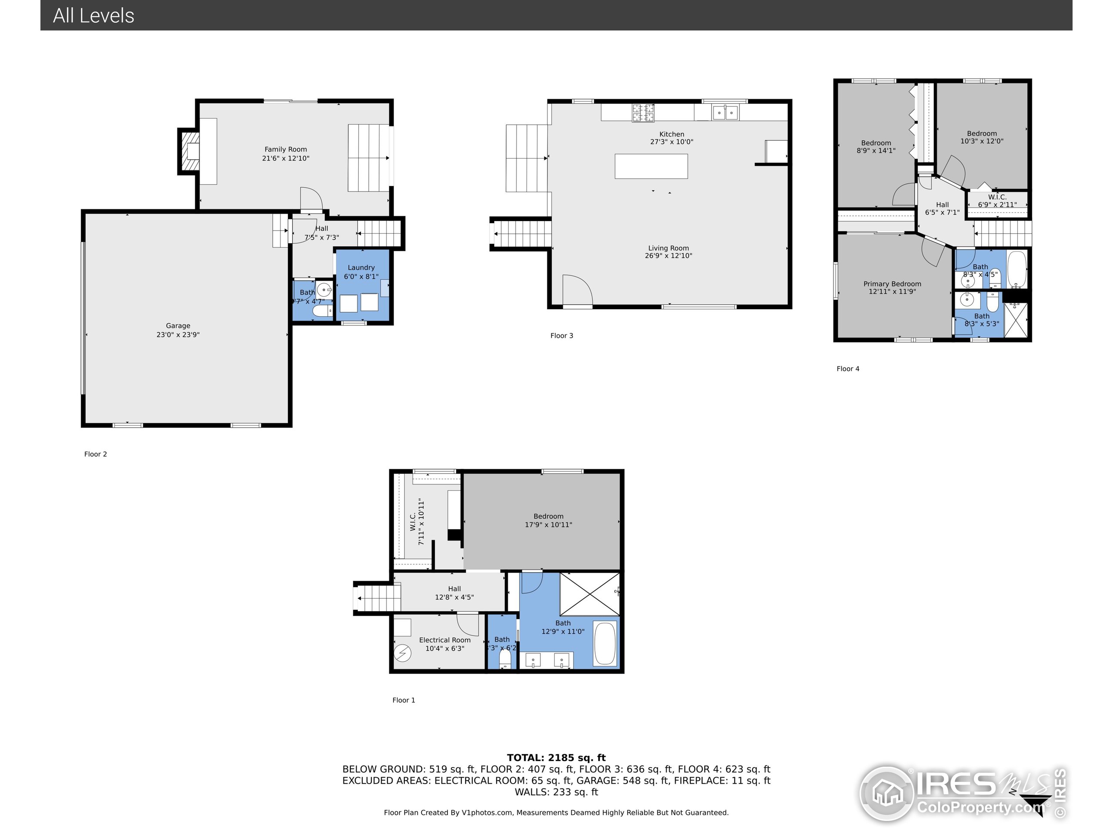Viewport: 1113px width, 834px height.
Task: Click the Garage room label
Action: click(178, 326)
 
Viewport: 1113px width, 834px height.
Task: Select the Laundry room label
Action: click(361, 268)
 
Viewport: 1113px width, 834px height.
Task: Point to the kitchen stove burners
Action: click(643, 113)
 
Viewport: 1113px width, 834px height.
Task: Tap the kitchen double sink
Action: click(725, 113)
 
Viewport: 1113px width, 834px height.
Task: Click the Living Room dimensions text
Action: click(668, 256)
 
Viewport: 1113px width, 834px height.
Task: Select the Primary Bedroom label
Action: click(892, 284)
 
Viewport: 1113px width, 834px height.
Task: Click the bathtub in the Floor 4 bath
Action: click(1016, 269)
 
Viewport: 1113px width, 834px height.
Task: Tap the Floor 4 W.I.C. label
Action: click(997, 197)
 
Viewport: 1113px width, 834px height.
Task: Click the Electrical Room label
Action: click(444, 640)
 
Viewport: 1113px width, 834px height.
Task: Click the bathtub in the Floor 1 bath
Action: click(605, 644)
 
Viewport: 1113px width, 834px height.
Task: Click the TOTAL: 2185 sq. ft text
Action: click(556, 758)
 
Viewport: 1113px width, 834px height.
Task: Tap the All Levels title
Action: click(93, 16)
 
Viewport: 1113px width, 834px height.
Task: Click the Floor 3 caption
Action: click(562, 336)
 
